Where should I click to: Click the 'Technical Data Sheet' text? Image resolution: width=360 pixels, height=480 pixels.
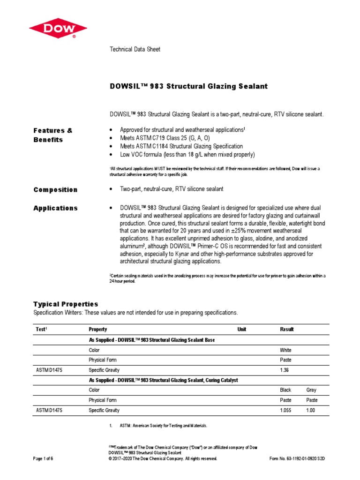[135, 49]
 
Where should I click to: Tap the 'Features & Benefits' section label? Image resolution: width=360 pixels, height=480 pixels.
[53, 135]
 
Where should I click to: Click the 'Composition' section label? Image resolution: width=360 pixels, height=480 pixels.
[55, 189]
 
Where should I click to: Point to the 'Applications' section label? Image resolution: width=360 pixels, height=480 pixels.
[55, 208]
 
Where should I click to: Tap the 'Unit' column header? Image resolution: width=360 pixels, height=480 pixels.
[241, 330]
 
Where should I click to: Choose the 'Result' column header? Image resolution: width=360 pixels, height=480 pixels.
[287, 330]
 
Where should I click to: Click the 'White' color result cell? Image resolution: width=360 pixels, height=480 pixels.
[285, 350]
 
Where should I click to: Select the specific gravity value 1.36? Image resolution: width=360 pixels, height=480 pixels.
[285, 370]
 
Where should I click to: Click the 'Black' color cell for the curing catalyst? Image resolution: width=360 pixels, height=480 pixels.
[285, 390]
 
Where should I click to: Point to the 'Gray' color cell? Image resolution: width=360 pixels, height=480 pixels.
[311, 390]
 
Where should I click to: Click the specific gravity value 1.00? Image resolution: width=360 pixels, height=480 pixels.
[311, 410]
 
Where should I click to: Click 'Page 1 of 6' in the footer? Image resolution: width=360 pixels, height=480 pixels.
[43, 458]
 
